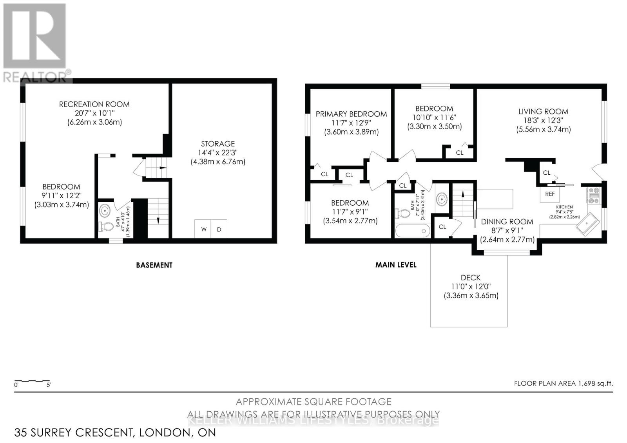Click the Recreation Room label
click(x=94, y=104)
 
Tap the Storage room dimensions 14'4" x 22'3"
click(x=218, y=152)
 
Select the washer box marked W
click(x=203, y=229)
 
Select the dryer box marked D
click(x=219, y=229)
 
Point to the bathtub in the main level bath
click(x=412, y=230)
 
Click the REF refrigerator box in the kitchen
click(x=550, y=194)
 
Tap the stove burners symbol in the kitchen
click(x=593, y=195)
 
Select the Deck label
click(x=471, y=277)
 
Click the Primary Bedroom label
click(x=351, y=114)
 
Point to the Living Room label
click(x=543, y=111)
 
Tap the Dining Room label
click(x=507, y=222)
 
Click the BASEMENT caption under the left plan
click(x=154, y=265)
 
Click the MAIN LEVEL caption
click(x=396, y=265)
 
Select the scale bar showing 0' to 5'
click(x=32, y=382)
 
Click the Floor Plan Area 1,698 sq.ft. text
click(x=563, y=383)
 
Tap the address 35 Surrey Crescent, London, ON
click(x=115, y=432)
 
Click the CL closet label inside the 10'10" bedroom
click(x=459, y=153)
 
